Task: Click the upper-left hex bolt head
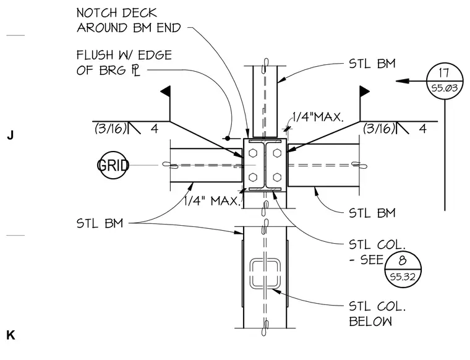click(254, 153)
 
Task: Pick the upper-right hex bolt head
click(277, 153)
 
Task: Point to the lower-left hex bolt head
click(254, 178)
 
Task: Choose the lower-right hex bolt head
click(277, 178)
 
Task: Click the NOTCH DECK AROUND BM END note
click(129, 20)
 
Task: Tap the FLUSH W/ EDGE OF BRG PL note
click(124, 62)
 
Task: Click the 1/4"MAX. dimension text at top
click(318, 117)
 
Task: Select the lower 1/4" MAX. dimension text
click(212, 200)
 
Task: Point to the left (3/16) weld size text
click(110, 129)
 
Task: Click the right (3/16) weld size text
click(378, 129)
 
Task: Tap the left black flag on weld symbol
click(166, 91)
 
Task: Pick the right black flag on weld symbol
click(364, 91)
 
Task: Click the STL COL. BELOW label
click(377, 314)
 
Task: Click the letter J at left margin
click(10, 135)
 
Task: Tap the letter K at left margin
click(11, 335)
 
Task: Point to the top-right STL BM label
click(372, 64)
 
